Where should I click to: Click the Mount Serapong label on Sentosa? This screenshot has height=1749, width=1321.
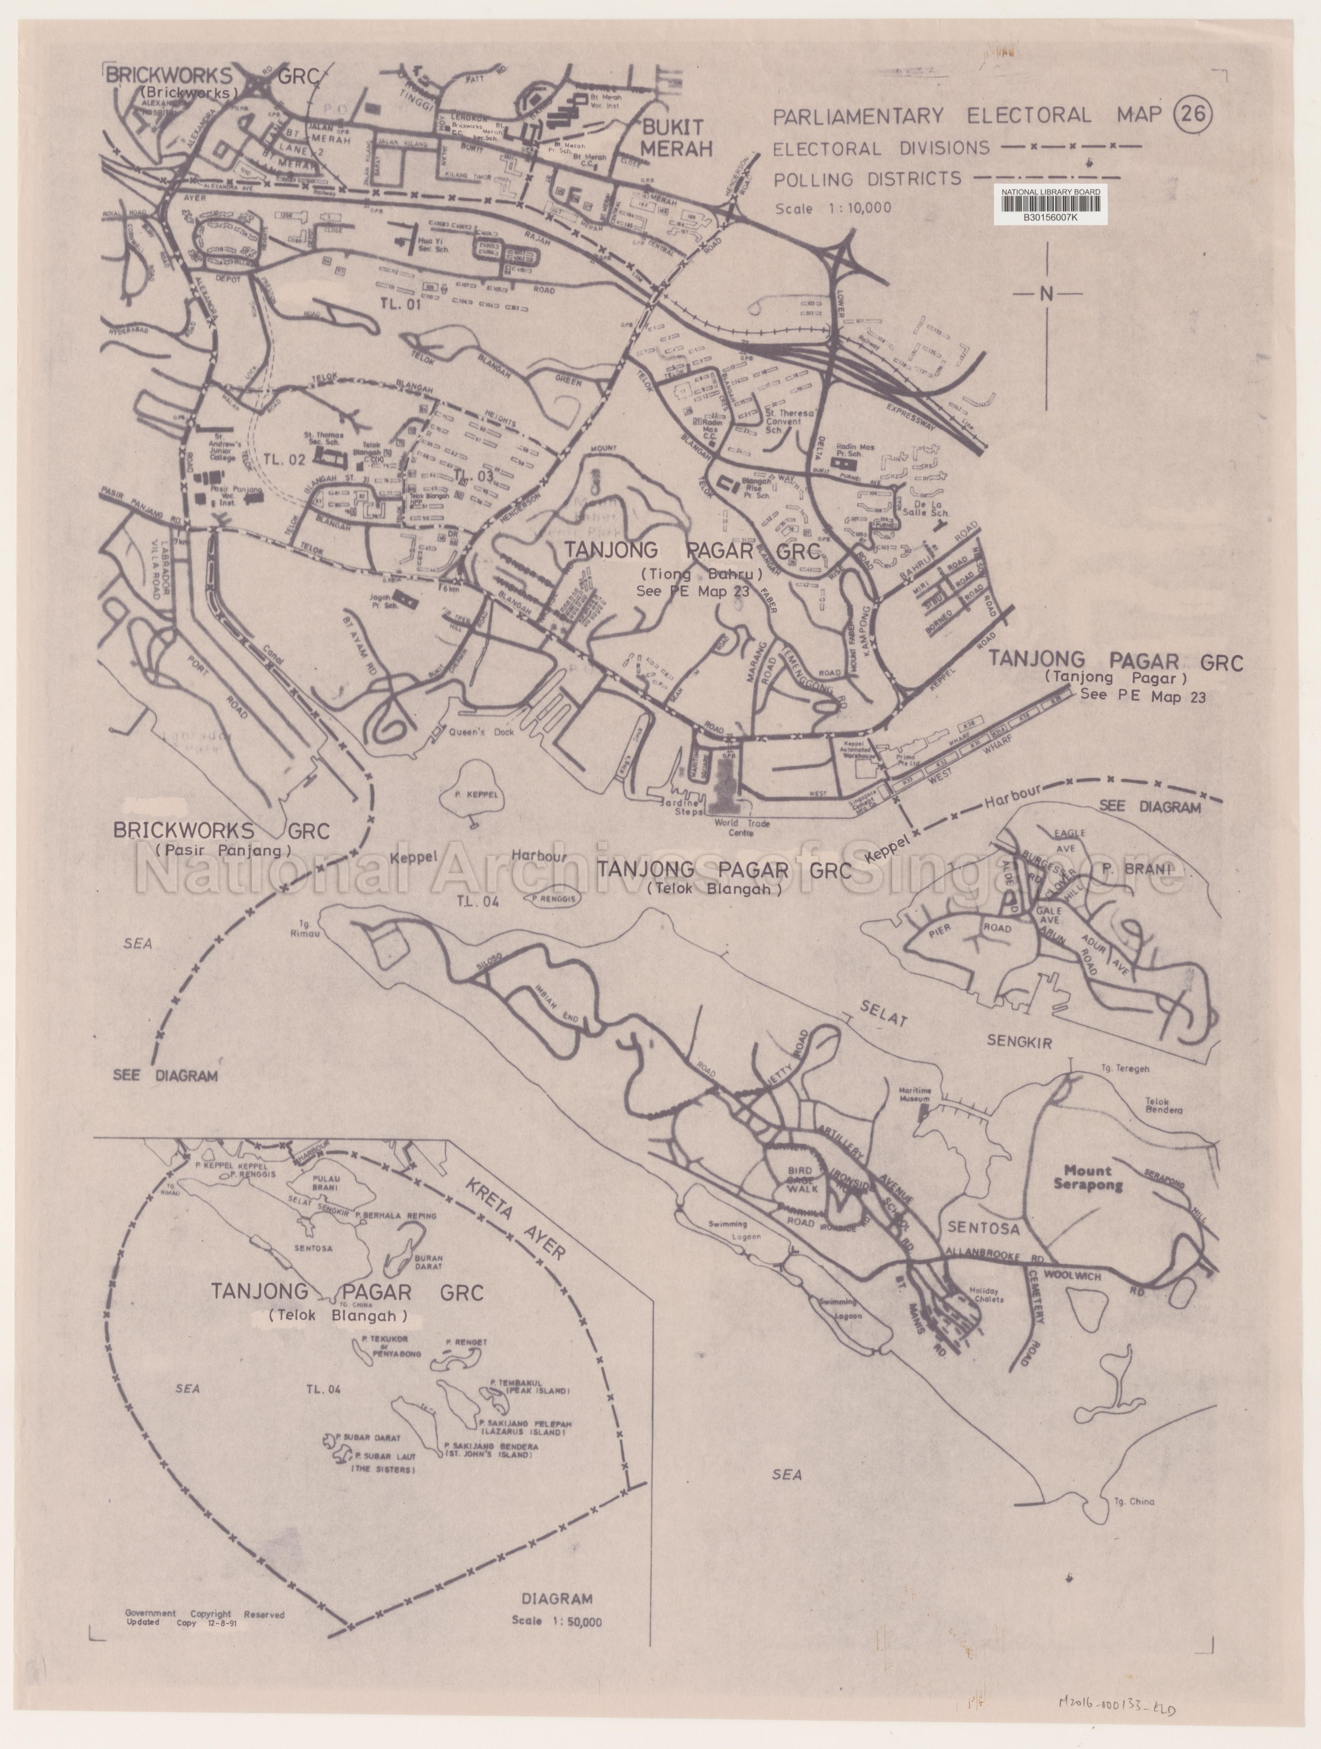click(1087, 1178)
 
